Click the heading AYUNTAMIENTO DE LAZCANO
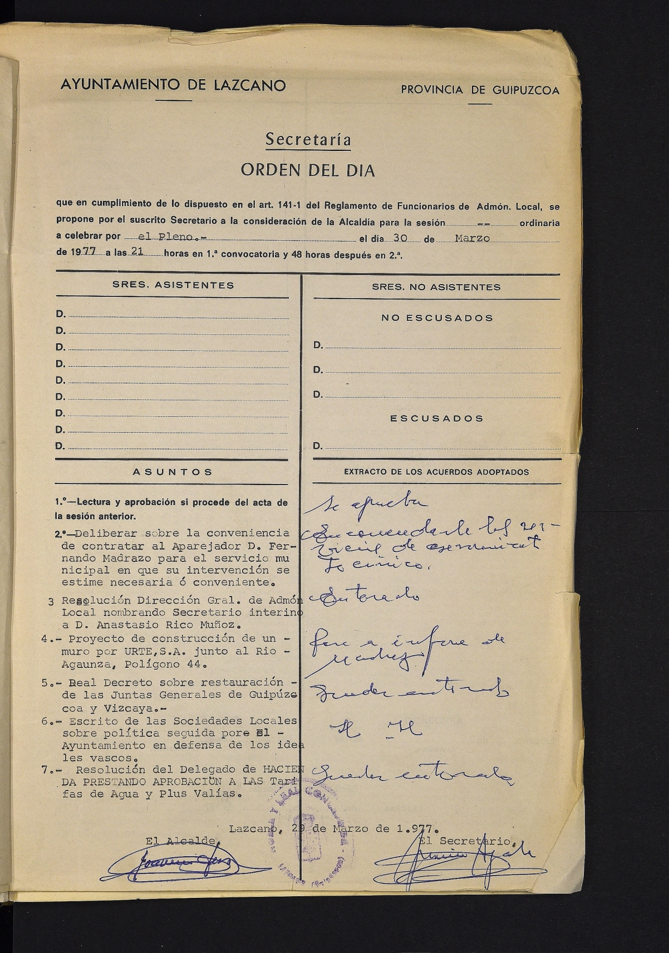click(173, 85)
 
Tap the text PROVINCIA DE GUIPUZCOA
click(480, 90)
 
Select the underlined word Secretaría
click(308, 139)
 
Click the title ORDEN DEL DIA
click(307, 170)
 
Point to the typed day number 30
click(399, 238)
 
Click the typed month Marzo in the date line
click(472, 238)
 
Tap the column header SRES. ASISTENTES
click(173, 285)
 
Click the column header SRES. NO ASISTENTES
click(436, 287)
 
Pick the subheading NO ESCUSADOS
click(437, 318)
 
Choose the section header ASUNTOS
click(173, 472)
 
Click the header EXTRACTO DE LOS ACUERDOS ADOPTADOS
click(436, 472)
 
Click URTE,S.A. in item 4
click(120, 652)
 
